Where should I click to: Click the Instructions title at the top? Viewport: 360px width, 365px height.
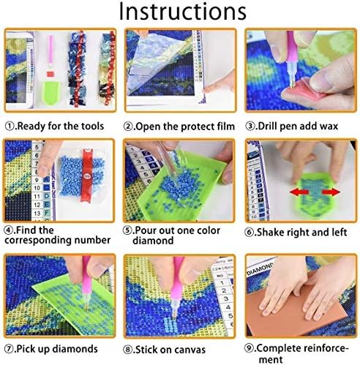point(182,12)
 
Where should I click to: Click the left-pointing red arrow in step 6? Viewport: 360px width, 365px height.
point(299,192)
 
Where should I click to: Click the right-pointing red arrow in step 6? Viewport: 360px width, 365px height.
point(331,192)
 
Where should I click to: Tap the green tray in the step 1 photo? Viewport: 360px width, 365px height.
point(50,92)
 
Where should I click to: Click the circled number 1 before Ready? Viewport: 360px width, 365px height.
point(10,127)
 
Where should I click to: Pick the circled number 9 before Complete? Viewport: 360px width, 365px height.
point(249,347)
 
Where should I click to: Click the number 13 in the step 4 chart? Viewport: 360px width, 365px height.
point(37,214)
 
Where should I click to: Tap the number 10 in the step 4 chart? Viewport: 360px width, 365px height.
point(37,188)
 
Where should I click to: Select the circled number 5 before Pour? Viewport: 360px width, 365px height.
point(127,230)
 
